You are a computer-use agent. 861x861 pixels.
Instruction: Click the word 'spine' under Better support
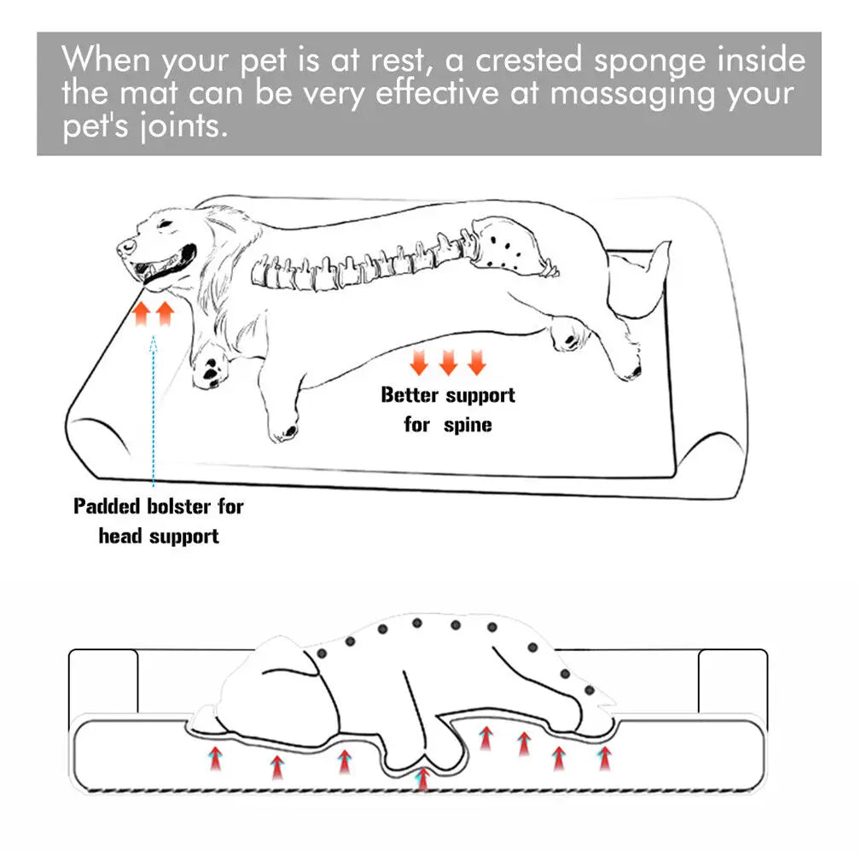(468, 424)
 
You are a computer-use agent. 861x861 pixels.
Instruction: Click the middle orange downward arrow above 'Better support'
(448, 364)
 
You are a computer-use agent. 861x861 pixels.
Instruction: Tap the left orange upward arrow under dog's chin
(142, 312)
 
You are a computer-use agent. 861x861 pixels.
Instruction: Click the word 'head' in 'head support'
(121, 537)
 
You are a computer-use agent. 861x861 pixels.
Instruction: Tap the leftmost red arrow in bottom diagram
(216, 756)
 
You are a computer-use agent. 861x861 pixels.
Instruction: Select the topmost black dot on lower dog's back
(416, 622)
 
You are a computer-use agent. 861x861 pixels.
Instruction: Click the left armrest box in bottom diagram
(102, 683)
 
